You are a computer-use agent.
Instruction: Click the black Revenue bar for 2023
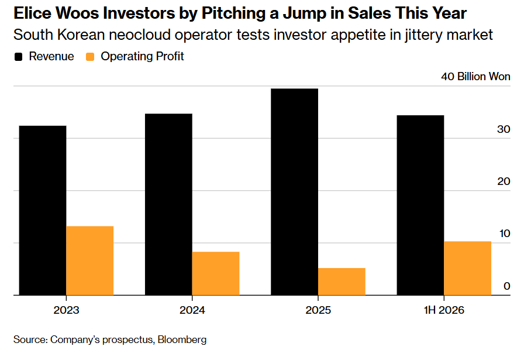(43, 211)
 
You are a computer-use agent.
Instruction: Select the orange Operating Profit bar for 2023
(90, 260)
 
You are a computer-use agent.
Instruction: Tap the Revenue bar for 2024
(168, 204)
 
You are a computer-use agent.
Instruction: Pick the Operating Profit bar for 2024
(216, 273)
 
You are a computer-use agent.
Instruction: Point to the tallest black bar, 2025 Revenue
(294, 192)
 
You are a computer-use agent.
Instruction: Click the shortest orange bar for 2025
(342, 282)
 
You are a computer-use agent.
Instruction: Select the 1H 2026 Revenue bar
(420, 205)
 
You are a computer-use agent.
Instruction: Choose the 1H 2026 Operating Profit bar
(467, 268)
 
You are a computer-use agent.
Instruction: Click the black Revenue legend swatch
(18, 57)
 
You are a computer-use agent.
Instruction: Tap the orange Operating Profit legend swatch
(90, 57)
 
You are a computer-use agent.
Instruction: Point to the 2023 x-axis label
(66, 310)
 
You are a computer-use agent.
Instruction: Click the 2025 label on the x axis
(318, 310)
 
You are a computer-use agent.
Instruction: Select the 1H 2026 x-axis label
(444, 310)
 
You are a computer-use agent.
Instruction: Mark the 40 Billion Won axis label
(475, 77)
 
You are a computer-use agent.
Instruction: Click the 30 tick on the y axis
(504, 129)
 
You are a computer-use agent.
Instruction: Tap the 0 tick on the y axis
(507, 286)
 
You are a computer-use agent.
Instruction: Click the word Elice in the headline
(32, 13)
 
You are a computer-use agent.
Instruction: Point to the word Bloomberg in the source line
(182, 340)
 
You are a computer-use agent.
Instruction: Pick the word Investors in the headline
(139, 13)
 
